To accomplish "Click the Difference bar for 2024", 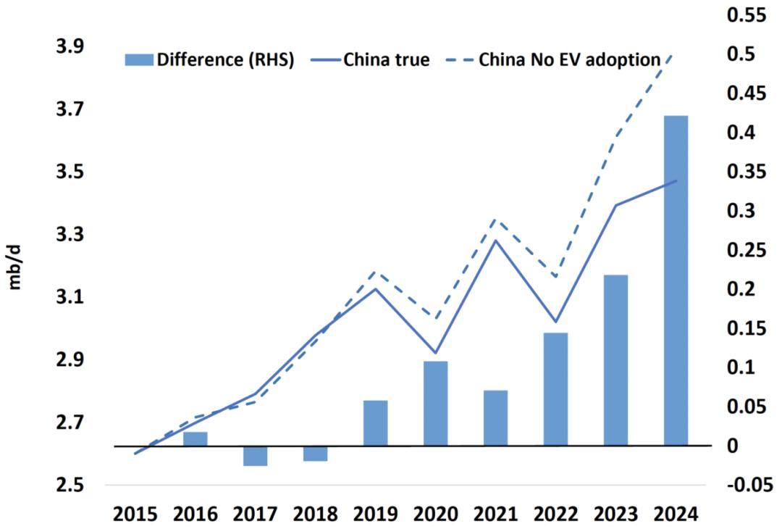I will coord(676,280).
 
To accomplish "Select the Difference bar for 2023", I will coord(615,360).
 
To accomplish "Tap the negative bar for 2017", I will coord(256,456).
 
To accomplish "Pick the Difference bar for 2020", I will coord(436,403).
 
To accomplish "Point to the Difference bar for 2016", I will coord(195,438).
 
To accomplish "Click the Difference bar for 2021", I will coord(496,417).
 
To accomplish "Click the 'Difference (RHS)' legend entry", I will coord(209,59).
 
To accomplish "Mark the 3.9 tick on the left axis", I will coord(72,46).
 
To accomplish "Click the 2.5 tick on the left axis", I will coord(72,484).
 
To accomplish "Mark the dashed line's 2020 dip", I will coord(436,318).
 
